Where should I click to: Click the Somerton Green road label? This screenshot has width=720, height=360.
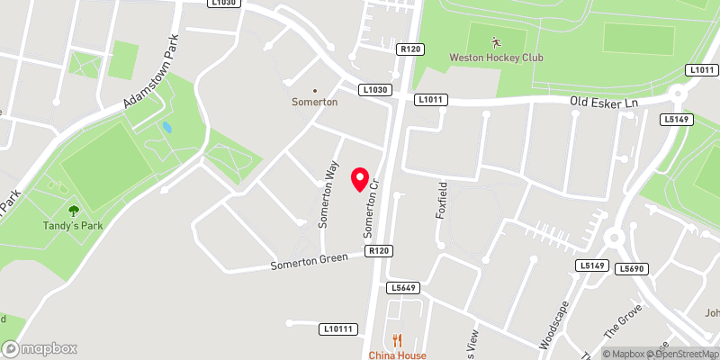310,264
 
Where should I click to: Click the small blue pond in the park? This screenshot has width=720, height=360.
166,128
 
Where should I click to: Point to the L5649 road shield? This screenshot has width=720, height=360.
406,288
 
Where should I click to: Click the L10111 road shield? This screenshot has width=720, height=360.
338,330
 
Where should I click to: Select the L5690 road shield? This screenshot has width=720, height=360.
633,268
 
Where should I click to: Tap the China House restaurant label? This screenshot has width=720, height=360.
397,355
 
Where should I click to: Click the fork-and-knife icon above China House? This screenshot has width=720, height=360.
397,339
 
